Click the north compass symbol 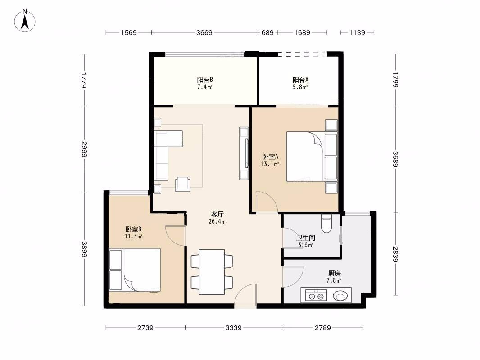coord(25,21)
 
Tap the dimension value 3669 coord(204,33)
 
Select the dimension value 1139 coord(357,33)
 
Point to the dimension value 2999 coord(84,149)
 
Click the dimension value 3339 coord(234,328)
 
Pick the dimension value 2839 coord(395,254)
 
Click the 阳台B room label coord(205,80)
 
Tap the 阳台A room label coord(300,80)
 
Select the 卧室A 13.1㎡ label coord(270,160)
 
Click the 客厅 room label coord(217,214)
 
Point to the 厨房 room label coord(334,273)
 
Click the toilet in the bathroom coord(326,224)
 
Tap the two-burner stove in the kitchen coord(316,296)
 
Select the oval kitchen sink coord(340,296)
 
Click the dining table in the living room coord(212,272)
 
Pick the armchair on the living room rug coord(182,184)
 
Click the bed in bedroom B coord(135,270)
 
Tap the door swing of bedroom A coord(267,202)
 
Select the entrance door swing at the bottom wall coord(245,295)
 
